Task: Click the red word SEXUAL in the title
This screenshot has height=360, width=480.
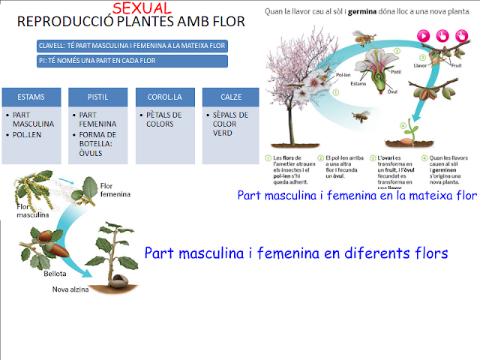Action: (x=142, y=8)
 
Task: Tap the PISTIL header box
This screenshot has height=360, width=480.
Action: (x=98, y=97)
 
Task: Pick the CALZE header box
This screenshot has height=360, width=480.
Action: (x=231, y=97)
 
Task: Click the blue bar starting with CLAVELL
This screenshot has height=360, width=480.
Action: (x=131, y=46)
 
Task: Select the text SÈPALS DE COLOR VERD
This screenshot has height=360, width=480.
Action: (x=230, y=124)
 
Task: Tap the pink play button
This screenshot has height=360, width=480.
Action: (x=423, y=34)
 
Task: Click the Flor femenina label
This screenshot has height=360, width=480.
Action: (x=113, y=188)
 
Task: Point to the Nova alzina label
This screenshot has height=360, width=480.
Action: (x=74, y=289)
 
